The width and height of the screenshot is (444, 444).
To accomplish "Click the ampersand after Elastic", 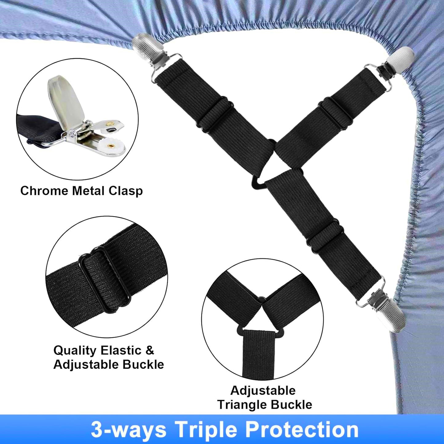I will [149, 350].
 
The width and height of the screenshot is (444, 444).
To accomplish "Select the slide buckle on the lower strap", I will [323, 235].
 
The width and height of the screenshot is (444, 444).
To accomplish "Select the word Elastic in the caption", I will [121, 350].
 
